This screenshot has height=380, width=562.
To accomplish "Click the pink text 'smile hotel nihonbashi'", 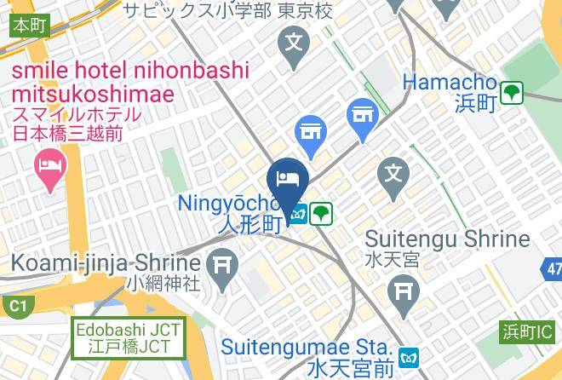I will (x=130, y=71).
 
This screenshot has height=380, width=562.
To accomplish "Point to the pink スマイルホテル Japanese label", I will (x=77, y=114).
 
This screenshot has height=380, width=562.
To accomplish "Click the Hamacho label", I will (x=450, y=83).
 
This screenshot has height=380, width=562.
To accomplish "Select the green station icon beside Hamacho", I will (x=511, y=93).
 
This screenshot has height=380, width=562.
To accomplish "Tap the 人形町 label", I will (x=249, y=225).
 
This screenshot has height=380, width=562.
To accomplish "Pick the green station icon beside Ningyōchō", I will (x=320, y=213).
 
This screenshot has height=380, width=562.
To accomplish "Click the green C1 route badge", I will (x=16, y=305).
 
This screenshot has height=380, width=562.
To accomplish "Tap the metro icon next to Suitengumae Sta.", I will (x=412, y=356).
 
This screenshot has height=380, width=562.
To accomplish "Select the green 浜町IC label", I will (x=526, y=331).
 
